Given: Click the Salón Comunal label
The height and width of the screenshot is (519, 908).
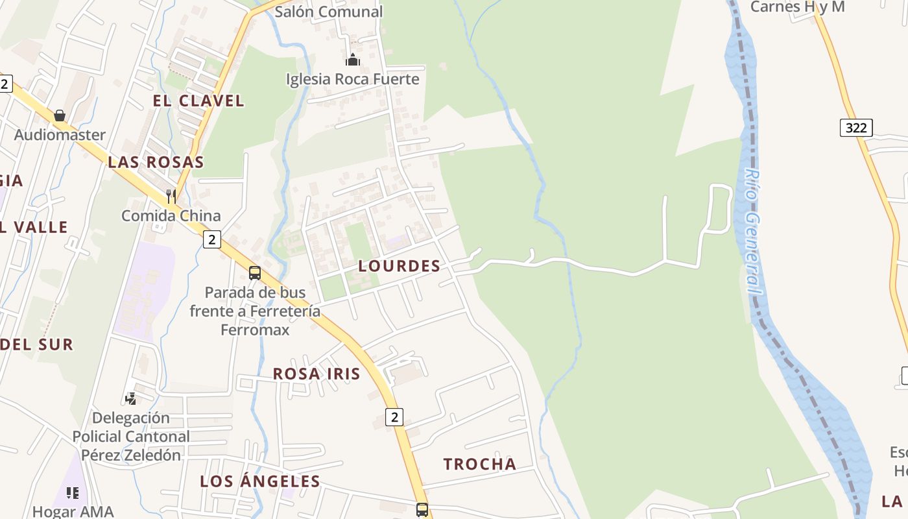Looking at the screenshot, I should (x=329, y=12).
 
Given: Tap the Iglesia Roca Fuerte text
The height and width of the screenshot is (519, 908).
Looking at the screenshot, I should (x=353, y=79).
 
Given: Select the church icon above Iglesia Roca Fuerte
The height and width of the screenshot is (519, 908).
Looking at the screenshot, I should (x=353, y=60).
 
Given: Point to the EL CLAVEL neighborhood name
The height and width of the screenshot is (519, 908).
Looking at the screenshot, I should (x=198, y=101).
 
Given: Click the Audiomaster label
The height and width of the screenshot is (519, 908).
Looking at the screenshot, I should (x=60, y=135).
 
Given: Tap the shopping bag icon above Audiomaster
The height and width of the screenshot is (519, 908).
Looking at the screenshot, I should (x=60, y=115).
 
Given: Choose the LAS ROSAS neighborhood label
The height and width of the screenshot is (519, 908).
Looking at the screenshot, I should (x=156, y=162).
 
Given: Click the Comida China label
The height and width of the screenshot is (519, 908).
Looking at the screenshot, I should (x=171, y=215).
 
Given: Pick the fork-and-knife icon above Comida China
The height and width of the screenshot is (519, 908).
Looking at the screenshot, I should (x=171, y=195).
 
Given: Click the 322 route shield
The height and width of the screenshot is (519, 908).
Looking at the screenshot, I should (x=856, y=128).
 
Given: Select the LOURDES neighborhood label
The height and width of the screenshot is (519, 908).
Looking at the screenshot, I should (x=400, y=266).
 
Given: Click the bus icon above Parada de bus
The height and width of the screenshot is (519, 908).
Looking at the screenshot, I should (x=255, y=273).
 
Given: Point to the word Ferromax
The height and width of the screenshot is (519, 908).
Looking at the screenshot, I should (x=255, y=330).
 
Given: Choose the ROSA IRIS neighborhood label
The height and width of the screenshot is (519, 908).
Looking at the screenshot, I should (x=317, y=374).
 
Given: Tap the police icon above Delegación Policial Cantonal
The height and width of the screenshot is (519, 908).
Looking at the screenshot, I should (x=131, y=398).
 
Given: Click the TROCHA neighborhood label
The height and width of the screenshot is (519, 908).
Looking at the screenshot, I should (x=480, y=464).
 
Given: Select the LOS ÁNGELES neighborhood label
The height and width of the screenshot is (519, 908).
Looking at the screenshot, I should (x=260, y=481).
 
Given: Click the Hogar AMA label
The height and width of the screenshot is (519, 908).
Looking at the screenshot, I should (x=73, y=511).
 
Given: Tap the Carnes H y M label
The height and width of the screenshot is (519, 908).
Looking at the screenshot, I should (x=797, y=7).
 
